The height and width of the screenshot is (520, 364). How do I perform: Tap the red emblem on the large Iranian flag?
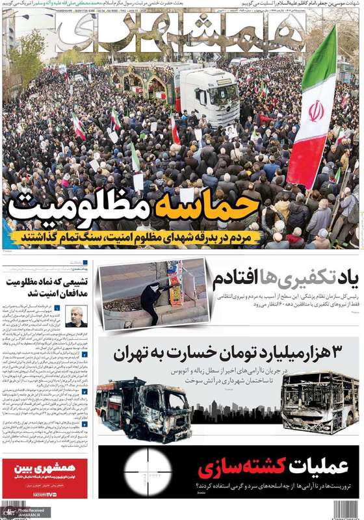pos(316,110)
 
